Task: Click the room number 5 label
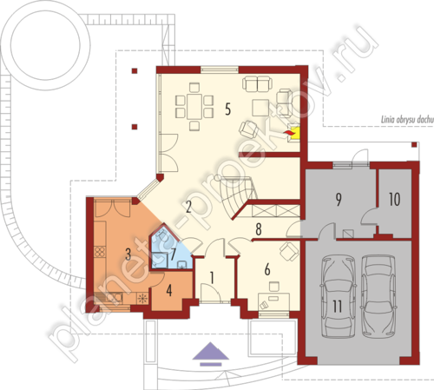coord(228,109)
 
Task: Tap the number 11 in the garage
coord(337,307)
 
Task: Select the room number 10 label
coord(395,199)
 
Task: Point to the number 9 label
coord(339,199)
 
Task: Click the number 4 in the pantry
coord(169,290)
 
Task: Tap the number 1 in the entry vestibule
coord(212,278)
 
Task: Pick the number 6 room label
coord(267,269)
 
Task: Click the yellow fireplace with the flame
coord(293,133)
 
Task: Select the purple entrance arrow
coord(211,354)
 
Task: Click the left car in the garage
coord(338,296)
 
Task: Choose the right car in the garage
coord(378,296)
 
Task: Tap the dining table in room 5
coord(194,106)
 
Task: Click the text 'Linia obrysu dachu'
coord(407,120)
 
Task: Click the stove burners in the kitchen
coord(100,252)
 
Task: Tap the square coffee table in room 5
coord(260,108)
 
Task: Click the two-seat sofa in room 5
coord(257,83)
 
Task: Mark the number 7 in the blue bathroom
coord(173,254)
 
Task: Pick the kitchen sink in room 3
coord(115,298)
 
